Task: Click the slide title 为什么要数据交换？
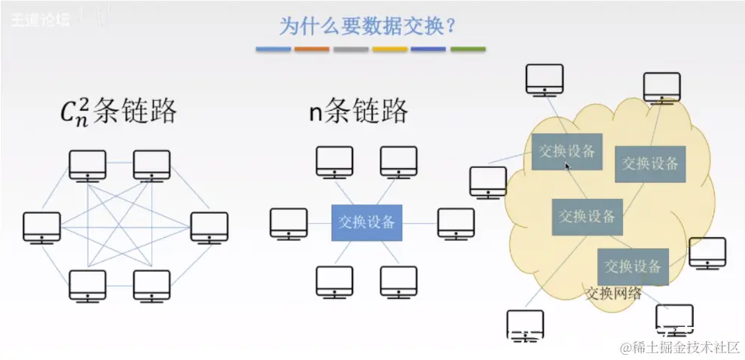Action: (x=368, y=26)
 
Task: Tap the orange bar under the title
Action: (x=312, y=49)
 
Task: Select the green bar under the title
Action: (x=468, y=49)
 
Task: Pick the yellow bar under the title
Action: (x=389, y=49)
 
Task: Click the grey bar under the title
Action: (x=351, y=49)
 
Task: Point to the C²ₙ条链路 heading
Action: (x=119, y=112)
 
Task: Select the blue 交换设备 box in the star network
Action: (x=367, y=222)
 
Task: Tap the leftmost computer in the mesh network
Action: (x=41, y=227)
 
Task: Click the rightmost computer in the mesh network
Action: (x=209, y=227)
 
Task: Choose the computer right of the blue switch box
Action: (x=456, y=223)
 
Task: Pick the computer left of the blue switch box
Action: (x=289, y=223)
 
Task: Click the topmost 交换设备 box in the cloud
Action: (x=567, y=151)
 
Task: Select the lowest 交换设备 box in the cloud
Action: (x=633, y=266)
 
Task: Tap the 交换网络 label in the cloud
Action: (x=614, y=294)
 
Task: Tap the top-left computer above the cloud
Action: (x=544, y=79)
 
